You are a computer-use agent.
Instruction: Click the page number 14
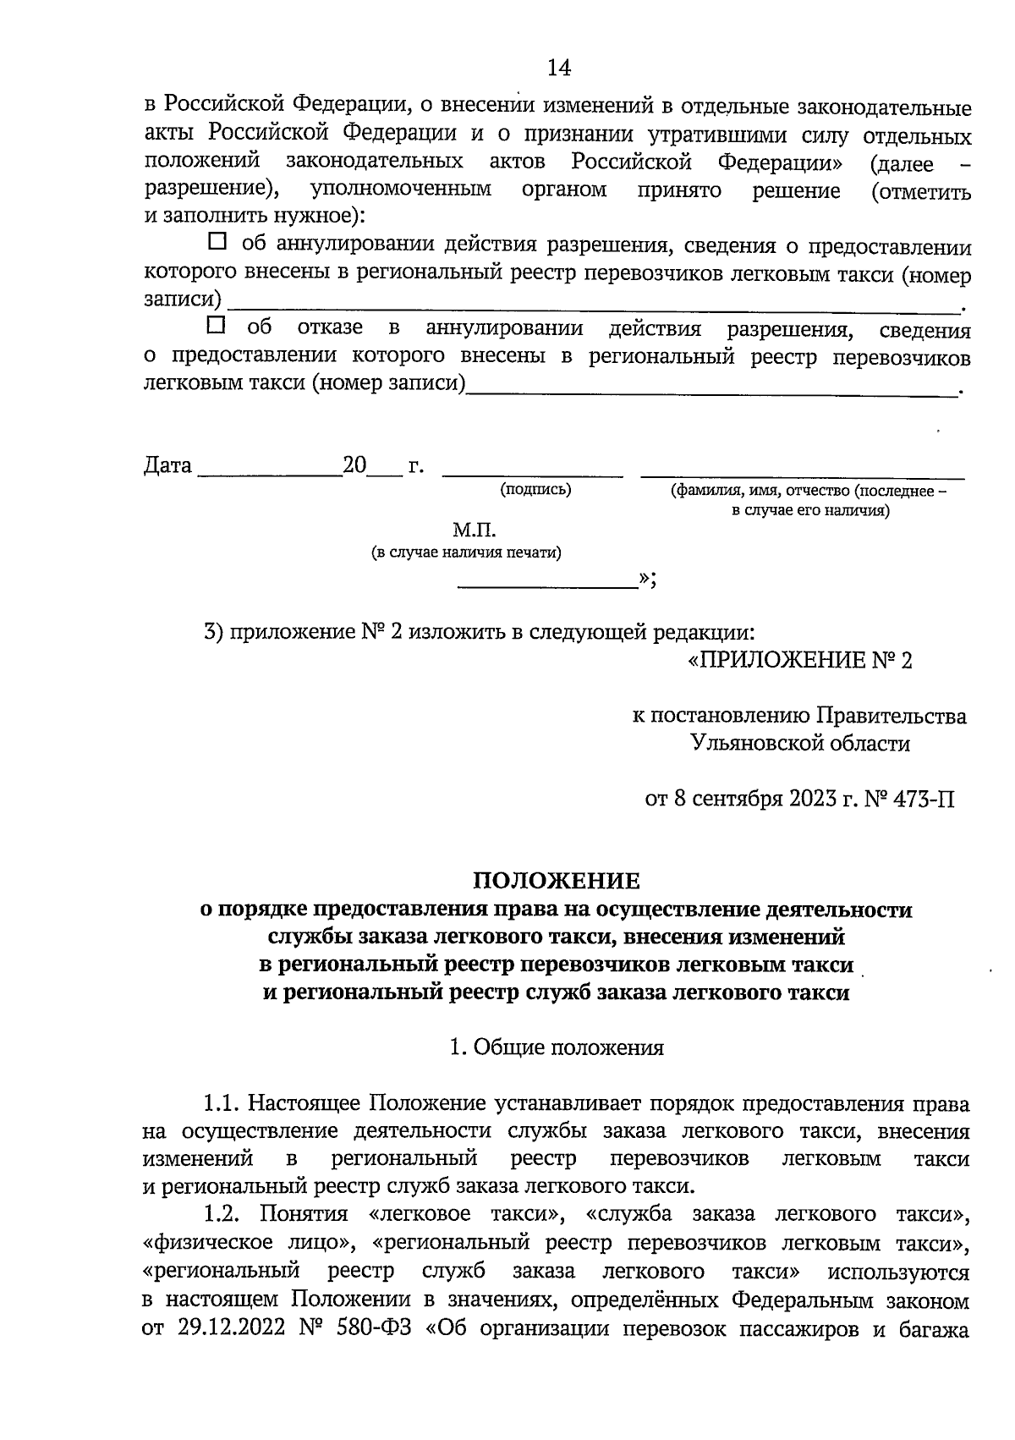tap(559, 68)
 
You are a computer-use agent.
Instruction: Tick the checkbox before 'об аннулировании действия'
tap(217, 242)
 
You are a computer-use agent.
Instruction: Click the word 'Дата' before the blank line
tap(167, 466)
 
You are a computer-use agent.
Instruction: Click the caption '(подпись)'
tap(535, 489)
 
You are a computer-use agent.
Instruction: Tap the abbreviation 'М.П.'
tap(474, 530)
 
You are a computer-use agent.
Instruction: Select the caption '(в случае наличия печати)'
tap(466, 552)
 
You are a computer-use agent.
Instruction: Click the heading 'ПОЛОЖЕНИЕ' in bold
tap(556, 882)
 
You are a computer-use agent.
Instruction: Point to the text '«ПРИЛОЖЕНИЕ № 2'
tap(799, 660)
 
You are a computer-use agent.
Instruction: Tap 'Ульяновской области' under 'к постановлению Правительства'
tap(800, 744)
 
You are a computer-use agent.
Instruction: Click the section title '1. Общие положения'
tap(557, 1047)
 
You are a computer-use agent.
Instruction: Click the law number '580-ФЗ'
tap(378, 1327)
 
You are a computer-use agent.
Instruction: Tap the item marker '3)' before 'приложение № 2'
tap(214, 633)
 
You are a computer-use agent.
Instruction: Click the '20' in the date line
tap(354, 466)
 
